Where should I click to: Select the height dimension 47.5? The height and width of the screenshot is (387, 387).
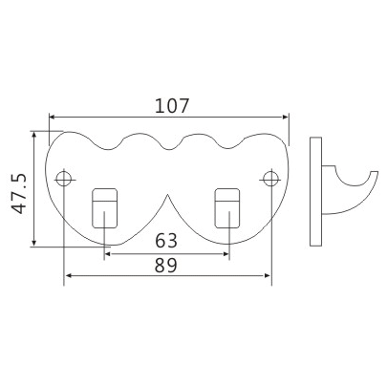tap(17, 193)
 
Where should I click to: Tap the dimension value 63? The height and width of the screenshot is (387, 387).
tap(167, 239)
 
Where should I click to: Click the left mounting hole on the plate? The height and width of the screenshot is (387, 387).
tap(65, 178)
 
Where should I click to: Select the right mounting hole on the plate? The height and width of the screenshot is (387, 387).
tap(270, 178)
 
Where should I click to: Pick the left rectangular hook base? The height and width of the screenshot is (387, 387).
tap(105, 207)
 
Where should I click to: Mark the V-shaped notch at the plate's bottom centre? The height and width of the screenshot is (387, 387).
tap(167, 199)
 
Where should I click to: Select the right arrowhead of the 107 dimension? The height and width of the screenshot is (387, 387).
tap(285, 118)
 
